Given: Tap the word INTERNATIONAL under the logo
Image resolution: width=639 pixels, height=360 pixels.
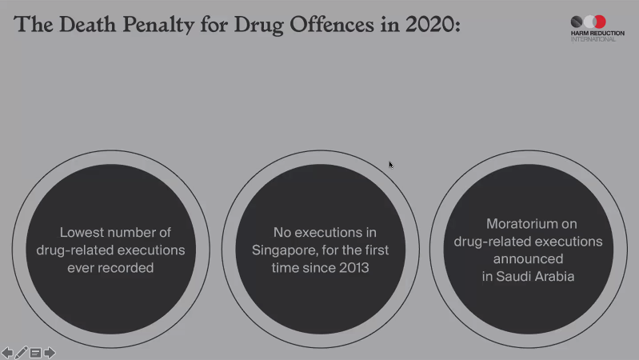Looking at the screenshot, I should pos(593,39).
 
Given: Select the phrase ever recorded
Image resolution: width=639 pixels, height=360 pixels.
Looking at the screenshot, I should pos(110,268).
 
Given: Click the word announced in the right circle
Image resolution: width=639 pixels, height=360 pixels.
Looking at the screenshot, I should pos(528,259).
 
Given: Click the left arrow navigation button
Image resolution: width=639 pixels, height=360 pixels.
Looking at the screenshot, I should pos(7,352).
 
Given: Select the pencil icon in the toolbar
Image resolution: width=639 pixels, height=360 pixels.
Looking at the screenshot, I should pos(22,352).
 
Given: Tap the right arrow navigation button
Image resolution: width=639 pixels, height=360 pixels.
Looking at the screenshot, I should pos(50,352).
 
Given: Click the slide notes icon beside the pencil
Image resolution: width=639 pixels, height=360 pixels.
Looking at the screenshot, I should pos(35,352).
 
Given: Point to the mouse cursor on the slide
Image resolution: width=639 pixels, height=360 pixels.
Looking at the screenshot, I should pos(390,165).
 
